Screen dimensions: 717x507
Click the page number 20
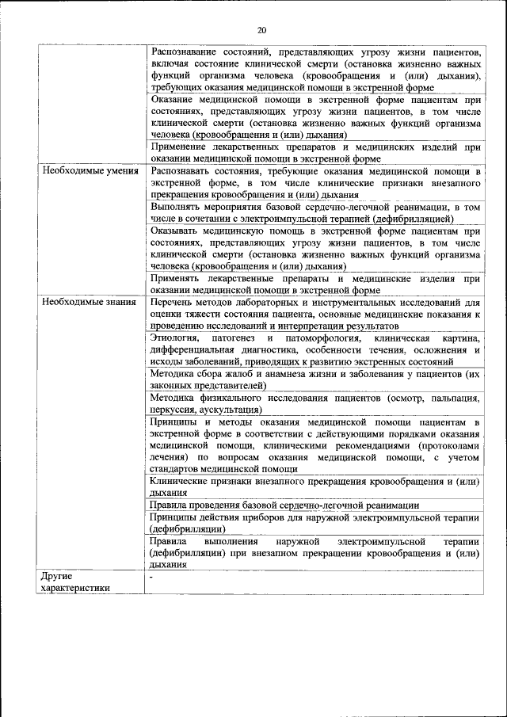coord(261,30)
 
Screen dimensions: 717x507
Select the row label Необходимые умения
coord(90,170)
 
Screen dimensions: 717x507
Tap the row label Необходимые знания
coord(89,302)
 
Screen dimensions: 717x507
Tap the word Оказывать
coord(175,231)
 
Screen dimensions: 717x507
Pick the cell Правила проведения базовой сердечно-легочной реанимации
coord(284,505)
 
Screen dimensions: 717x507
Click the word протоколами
coord(452,446)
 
